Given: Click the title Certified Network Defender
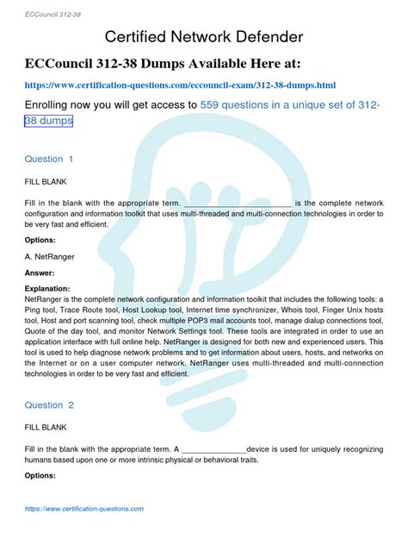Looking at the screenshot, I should coord(203,37).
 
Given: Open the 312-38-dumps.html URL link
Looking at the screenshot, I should coord(180,85).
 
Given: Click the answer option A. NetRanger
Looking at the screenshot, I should coord(53,256).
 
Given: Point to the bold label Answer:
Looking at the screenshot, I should coord(40,272).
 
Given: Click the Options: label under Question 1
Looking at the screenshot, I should coord(40,240).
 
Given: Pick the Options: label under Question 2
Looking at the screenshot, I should coord(40,475).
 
